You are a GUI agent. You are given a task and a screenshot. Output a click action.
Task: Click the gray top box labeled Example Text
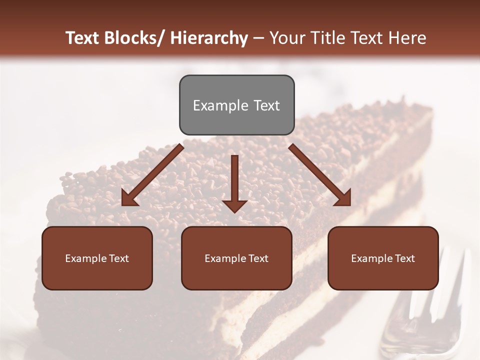pyautogui.click(x=236, y=105)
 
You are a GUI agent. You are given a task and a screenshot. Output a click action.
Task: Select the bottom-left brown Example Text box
pyautogui.click(x=97, y=258)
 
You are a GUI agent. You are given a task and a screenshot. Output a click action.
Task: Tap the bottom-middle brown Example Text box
pyautogui.click(x=236, y=258)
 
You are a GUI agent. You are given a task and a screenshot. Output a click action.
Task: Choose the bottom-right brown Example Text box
pyautogui.click(x=383, y=258)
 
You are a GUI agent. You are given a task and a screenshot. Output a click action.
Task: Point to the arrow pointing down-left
pyautogui.click(x=152, y=175)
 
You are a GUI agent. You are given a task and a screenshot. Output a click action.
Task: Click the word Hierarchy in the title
pyautogui.click(x=208, y=38)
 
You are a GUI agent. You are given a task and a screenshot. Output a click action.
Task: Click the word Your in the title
pyautogui.click(x=287, y=38)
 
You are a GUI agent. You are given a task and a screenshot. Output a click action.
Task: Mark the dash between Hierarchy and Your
pyautogui.click(x=258, y=38)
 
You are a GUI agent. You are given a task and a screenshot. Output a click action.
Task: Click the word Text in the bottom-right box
pyautogui.click(x=404, y=258)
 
